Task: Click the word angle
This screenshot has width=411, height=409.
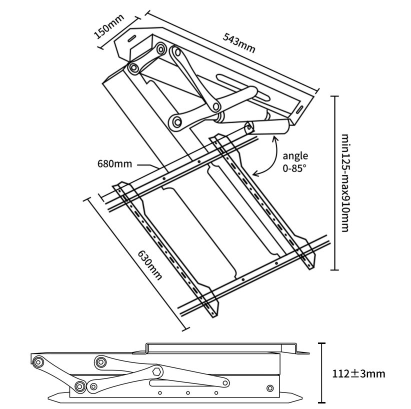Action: (x=295, y=155)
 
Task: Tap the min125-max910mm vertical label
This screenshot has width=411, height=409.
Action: (x=345, y=182)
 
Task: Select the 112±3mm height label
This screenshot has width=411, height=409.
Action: (x=358, y=373)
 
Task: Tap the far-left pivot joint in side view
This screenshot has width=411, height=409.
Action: (x=37, y=361)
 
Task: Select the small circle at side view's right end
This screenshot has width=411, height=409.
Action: (x=270, y=388)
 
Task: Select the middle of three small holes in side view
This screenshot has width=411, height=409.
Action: (x=187, y=393)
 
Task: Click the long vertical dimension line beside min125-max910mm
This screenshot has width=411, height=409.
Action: (x=334, y=182)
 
